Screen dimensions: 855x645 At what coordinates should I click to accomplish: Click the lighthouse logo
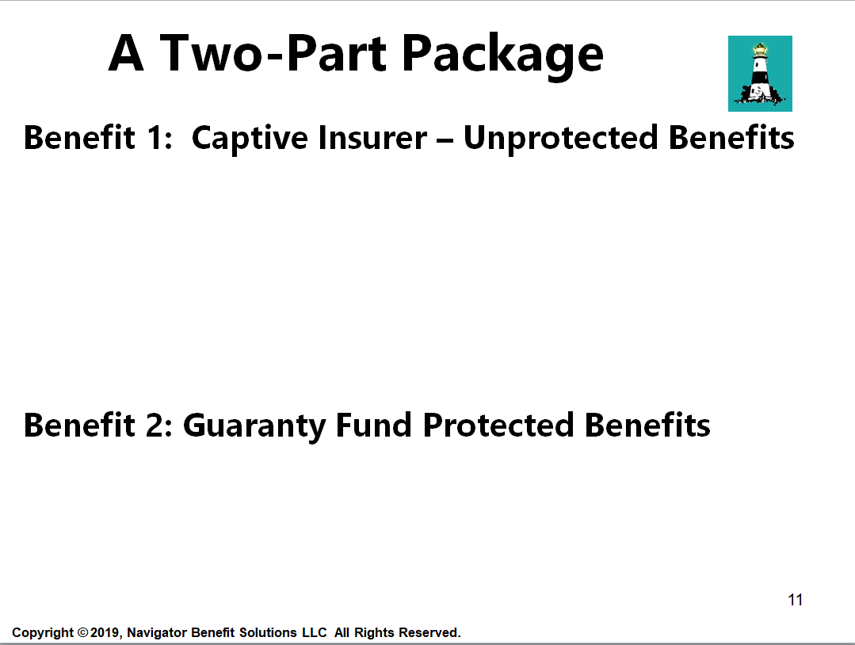click(x=760, y=74)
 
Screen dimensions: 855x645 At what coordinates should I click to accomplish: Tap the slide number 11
click(x=795, y=600)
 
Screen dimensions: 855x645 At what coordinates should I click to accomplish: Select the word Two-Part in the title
click(x=273, y=53)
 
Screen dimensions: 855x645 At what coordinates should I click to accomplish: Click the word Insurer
click(x=373, y=137)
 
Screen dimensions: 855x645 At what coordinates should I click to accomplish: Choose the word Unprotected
click(x=561, y=139)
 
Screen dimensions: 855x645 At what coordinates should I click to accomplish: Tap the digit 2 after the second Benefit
click(x=154, y=426)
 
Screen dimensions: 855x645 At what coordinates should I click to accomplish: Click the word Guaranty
click(x=254, y=426)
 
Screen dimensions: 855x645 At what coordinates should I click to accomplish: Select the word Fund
click(x=373, y=425)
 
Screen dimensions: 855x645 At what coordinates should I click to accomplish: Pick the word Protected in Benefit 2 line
click(x=498, y=425)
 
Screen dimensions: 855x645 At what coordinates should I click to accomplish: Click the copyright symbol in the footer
click(x=83, y=632)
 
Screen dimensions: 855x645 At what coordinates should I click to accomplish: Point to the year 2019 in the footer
click(x=105, y=632)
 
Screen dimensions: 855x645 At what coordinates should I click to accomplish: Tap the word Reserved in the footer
click(x=429, y=632)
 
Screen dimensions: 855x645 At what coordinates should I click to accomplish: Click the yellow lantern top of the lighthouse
click(x=760, y=50)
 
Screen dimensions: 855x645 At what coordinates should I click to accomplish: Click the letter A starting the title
click(x=126, y=53)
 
